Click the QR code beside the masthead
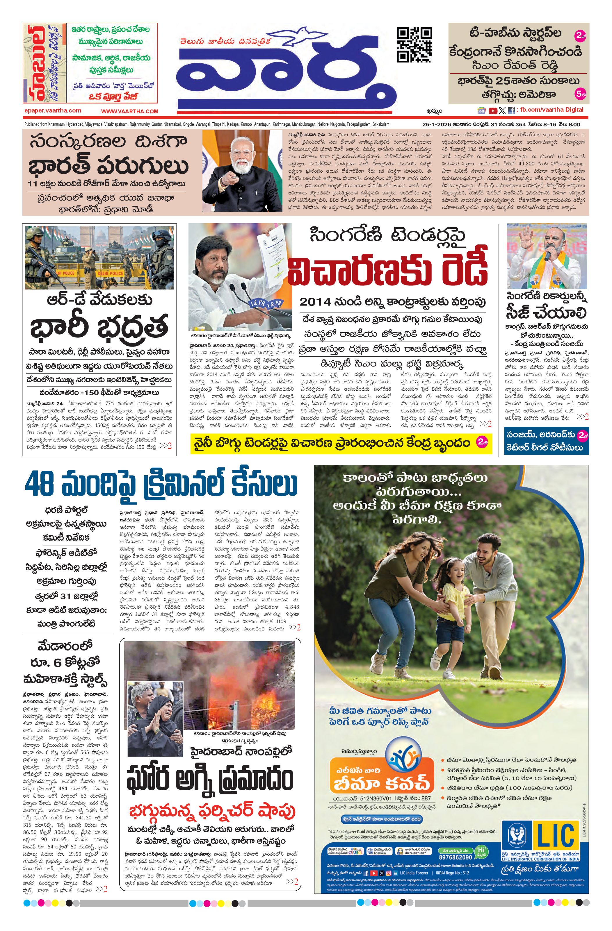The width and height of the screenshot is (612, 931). [x=414, y=44]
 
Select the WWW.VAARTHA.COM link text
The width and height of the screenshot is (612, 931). [x=130, y=111]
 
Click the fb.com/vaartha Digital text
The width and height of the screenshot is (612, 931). [x=552, y=110]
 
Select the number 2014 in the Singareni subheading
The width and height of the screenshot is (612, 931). [x=315, y=302]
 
